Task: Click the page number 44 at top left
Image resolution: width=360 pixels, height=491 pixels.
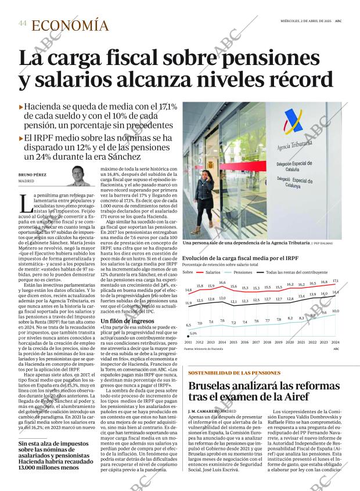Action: coord(22,23)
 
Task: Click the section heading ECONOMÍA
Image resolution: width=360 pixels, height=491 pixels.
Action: coord(70,25)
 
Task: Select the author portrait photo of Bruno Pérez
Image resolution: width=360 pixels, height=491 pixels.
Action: coord(78,176)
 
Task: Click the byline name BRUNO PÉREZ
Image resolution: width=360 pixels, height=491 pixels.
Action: coord(33,175)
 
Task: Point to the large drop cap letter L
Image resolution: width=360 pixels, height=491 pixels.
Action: coord(24,203)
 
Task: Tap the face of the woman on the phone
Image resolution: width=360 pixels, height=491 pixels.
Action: coord(207,175)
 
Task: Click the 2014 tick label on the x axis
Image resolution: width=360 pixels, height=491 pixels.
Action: coord(222,342)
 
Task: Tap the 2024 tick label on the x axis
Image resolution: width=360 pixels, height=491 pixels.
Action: coord(336,342)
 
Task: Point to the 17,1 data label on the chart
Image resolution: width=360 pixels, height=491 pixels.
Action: coord(336,280)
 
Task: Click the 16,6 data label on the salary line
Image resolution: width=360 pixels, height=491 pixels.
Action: coord(222,283)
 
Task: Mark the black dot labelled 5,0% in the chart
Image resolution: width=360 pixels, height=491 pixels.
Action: coord(189,336)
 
